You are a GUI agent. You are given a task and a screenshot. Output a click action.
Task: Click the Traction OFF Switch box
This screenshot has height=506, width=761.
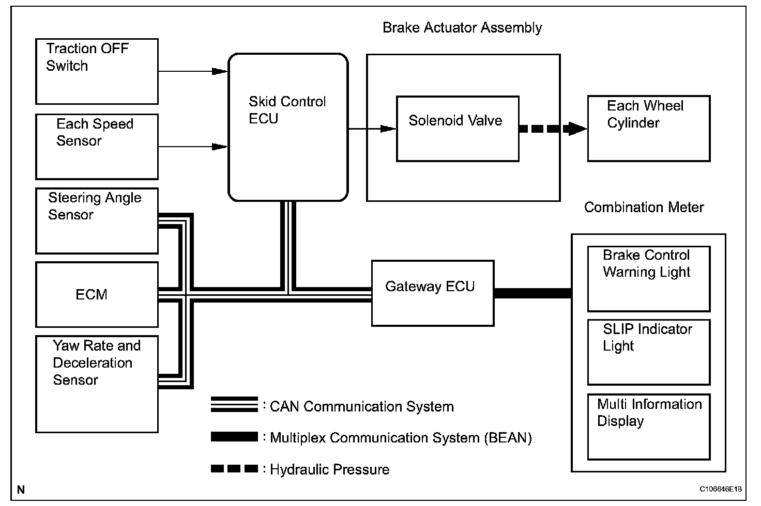click(x=97, y=71)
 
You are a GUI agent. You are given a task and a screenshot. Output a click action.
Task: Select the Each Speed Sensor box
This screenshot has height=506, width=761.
click(x=97, y=147)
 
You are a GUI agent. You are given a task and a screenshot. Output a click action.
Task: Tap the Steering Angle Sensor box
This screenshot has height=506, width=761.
click(x=97, y=221)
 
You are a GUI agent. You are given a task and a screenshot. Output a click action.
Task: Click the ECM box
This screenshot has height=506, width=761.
click(x=97, y=295)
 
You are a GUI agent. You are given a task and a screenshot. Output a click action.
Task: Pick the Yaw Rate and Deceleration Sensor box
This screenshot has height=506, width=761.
click(x=97, y=384)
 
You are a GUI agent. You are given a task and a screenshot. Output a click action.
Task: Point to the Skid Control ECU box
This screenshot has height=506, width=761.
click(x=288, y=127)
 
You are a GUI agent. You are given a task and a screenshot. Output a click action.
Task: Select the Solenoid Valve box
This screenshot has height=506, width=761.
click(x=458, y=129)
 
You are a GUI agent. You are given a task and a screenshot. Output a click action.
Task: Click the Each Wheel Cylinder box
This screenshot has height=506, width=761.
click(x=649, y=129)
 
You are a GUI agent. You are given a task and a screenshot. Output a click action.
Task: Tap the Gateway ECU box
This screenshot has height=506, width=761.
click(x=433, y=293)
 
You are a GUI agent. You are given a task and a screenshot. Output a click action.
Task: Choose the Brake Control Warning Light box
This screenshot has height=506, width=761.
click(x=649, y=279)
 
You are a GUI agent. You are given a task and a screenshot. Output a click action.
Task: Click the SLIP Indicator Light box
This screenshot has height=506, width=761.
click(x=649, y=352)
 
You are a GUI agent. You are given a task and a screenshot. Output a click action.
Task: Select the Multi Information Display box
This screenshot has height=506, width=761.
click(x=649, y=427)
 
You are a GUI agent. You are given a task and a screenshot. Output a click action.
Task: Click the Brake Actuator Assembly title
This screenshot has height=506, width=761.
click(x=462, y=28)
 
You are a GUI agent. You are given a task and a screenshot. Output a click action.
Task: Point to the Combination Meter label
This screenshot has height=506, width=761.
click(x=644, y=208)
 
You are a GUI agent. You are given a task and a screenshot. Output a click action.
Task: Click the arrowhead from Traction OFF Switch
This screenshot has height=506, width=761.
click(x=220, y=71)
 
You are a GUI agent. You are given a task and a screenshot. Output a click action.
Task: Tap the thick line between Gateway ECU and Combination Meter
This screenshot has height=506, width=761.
click(x=532, y=293)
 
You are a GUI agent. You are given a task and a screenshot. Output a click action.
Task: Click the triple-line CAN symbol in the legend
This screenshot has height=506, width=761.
click(x=234, y=405)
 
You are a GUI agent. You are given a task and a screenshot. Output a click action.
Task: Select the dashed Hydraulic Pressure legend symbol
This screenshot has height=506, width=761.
click(x=234, y=469)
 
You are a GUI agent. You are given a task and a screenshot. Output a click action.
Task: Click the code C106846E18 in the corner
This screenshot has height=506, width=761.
click(x=721, y=488)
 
